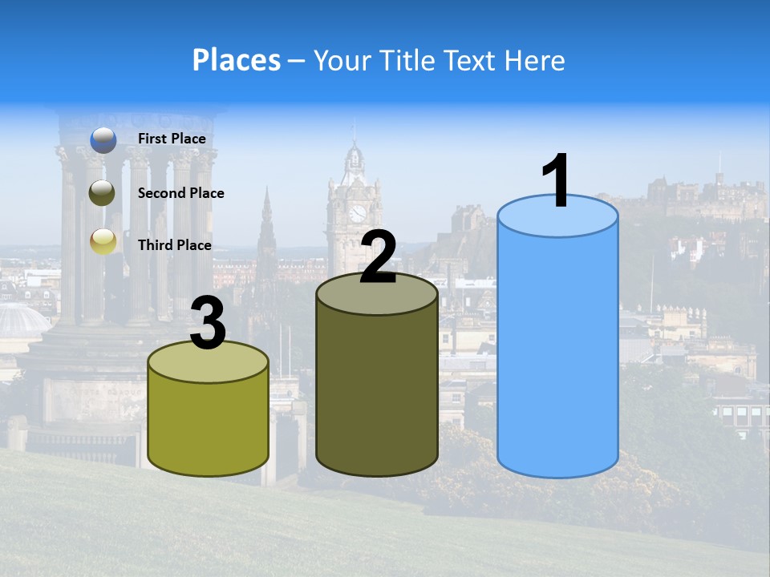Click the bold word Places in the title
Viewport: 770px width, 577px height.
237,60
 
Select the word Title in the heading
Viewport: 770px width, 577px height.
407,60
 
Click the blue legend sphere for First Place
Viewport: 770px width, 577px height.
103,140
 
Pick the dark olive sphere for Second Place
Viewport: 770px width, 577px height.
103,193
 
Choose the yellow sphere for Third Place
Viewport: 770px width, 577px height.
103,241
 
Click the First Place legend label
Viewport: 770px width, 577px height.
172,139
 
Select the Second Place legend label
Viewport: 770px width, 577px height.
180,193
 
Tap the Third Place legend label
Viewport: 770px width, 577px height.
174,245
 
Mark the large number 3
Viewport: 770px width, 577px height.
209,324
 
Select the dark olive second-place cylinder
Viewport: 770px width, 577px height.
377,385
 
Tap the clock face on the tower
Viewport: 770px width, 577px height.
357,213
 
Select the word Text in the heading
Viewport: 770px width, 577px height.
469,60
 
